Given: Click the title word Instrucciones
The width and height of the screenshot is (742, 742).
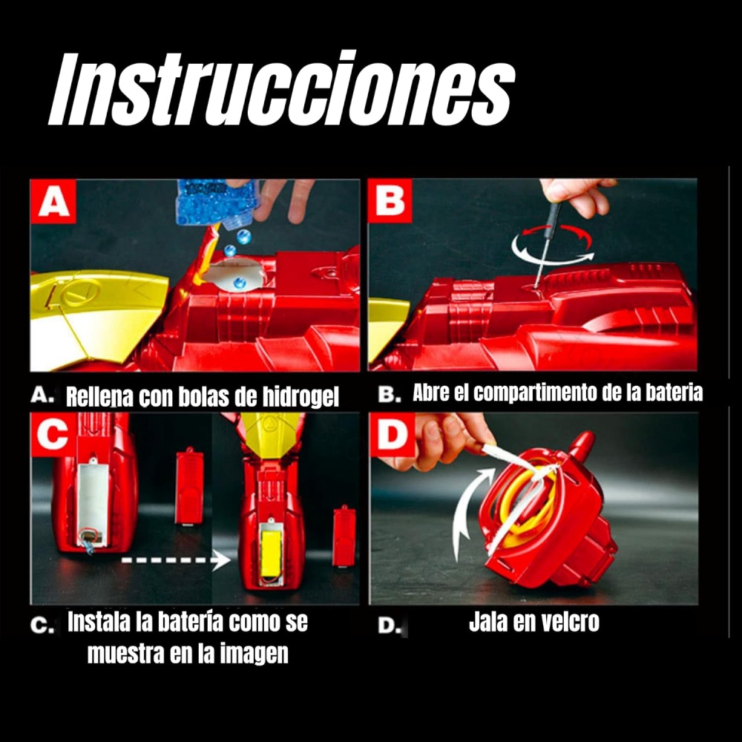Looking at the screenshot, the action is [281, 89].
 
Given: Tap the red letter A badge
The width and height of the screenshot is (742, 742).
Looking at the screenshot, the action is [53, 201].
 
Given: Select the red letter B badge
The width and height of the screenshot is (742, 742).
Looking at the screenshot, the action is [390, 200].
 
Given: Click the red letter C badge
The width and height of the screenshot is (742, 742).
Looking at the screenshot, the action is [53, 434].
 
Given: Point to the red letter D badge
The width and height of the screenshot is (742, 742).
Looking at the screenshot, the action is [393, 434].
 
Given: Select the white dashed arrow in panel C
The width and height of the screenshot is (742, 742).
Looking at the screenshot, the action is [176, 560].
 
